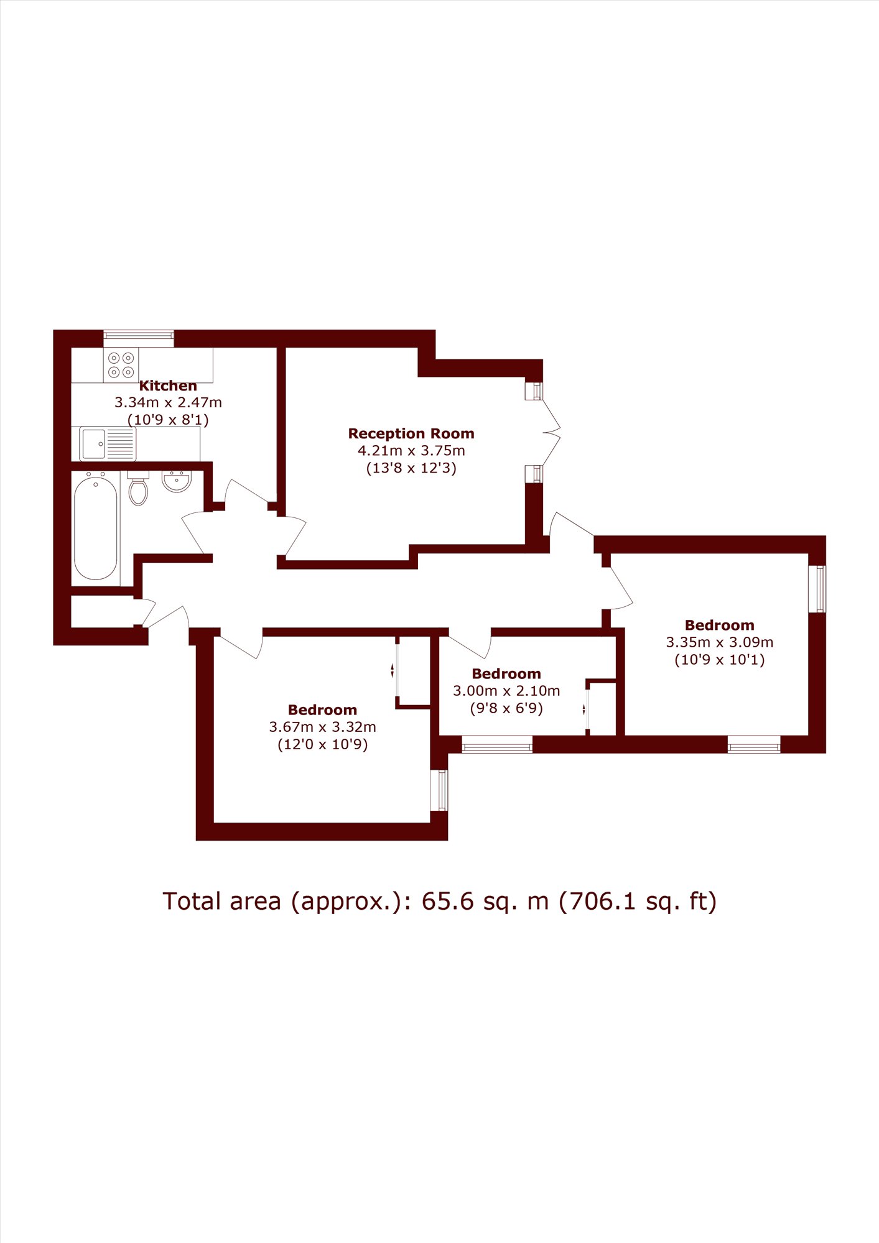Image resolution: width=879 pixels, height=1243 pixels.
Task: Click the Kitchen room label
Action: pos(168,386)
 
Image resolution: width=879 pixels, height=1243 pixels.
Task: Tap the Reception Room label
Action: pos(411,433)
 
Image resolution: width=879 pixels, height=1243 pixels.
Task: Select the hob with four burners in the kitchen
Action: pos(121,365)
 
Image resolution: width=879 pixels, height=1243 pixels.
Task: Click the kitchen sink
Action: pos(108,443)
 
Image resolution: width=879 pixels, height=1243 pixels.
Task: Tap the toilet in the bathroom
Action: pos(138,489)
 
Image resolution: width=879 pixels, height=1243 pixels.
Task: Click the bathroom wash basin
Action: pos(177,481)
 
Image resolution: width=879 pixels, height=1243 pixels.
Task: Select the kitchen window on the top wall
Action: pos(139,338)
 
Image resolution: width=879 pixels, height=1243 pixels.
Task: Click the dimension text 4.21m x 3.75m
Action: pos(411,451)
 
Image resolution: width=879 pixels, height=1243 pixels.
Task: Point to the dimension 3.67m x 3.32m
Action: pos(322,727)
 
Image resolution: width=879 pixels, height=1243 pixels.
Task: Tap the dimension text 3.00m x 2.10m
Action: pos(506,691)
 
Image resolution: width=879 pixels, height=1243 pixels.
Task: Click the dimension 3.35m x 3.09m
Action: pos(720,642)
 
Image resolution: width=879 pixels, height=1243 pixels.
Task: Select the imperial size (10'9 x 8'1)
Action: pos(168,420)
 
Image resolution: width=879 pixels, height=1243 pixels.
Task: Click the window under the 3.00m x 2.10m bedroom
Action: pos(497,744)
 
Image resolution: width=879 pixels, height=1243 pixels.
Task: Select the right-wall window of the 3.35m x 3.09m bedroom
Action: pos(817,589)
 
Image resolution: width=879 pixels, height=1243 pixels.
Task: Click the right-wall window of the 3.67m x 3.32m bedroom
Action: pos(439,790)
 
